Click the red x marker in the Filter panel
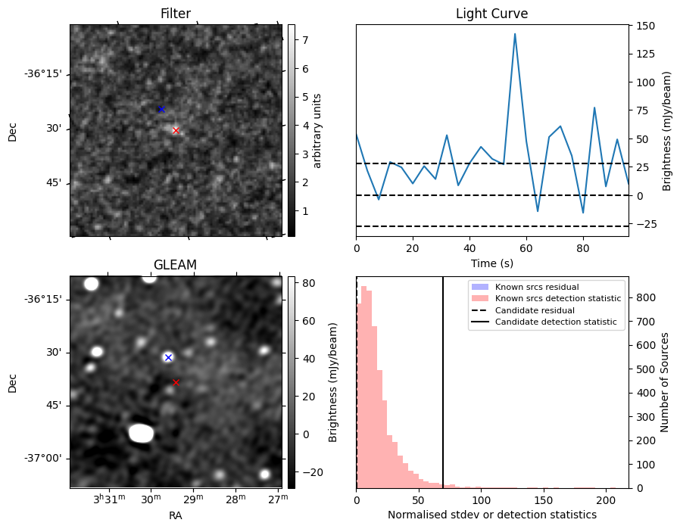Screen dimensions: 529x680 (x=176, y=130)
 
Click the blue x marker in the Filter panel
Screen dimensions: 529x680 (x=161, y=110)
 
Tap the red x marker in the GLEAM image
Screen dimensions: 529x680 (x=176, y=382)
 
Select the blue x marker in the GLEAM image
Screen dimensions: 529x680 (x=168, y=357)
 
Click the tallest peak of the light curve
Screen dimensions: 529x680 (x=515, y=34)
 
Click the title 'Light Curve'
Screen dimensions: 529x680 (x=491, y=14)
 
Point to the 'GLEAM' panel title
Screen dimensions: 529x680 (x=175, y=265)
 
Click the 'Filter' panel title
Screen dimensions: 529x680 (x=175, y=14)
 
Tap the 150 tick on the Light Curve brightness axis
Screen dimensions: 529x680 (x=645, y=26)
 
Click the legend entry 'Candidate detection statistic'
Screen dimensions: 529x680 (x=555, y=322)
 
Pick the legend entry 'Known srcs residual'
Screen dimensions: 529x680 (x=537, y=287)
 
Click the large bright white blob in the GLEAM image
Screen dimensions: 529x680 (x=141, y=433)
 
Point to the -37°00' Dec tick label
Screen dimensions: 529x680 (x=44, y=458)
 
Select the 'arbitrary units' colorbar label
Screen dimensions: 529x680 (x=317, y=130)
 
